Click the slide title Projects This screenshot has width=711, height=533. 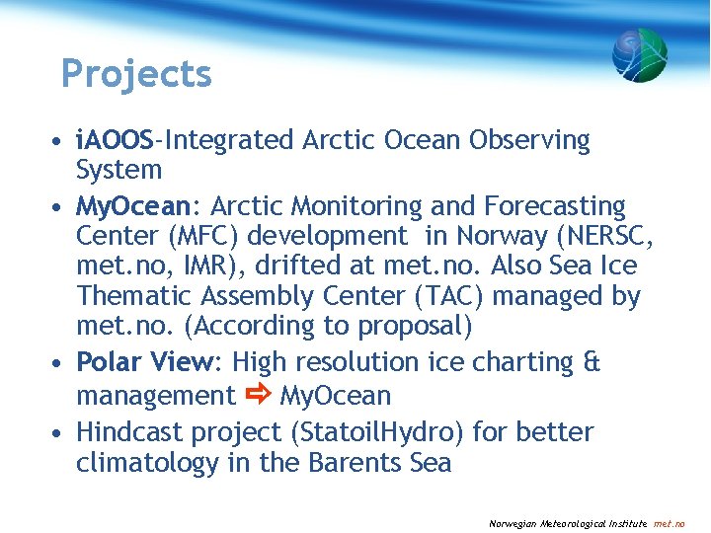[136, 74]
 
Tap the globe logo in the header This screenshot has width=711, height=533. [639, 55]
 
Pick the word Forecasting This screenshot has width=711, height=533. [555, 207]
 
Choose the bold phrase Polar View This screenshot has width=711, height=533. [145, 363]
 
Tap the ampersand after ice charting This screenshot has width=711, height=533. [591, 363]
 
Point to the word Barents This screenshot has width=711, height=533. [352, 462]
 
